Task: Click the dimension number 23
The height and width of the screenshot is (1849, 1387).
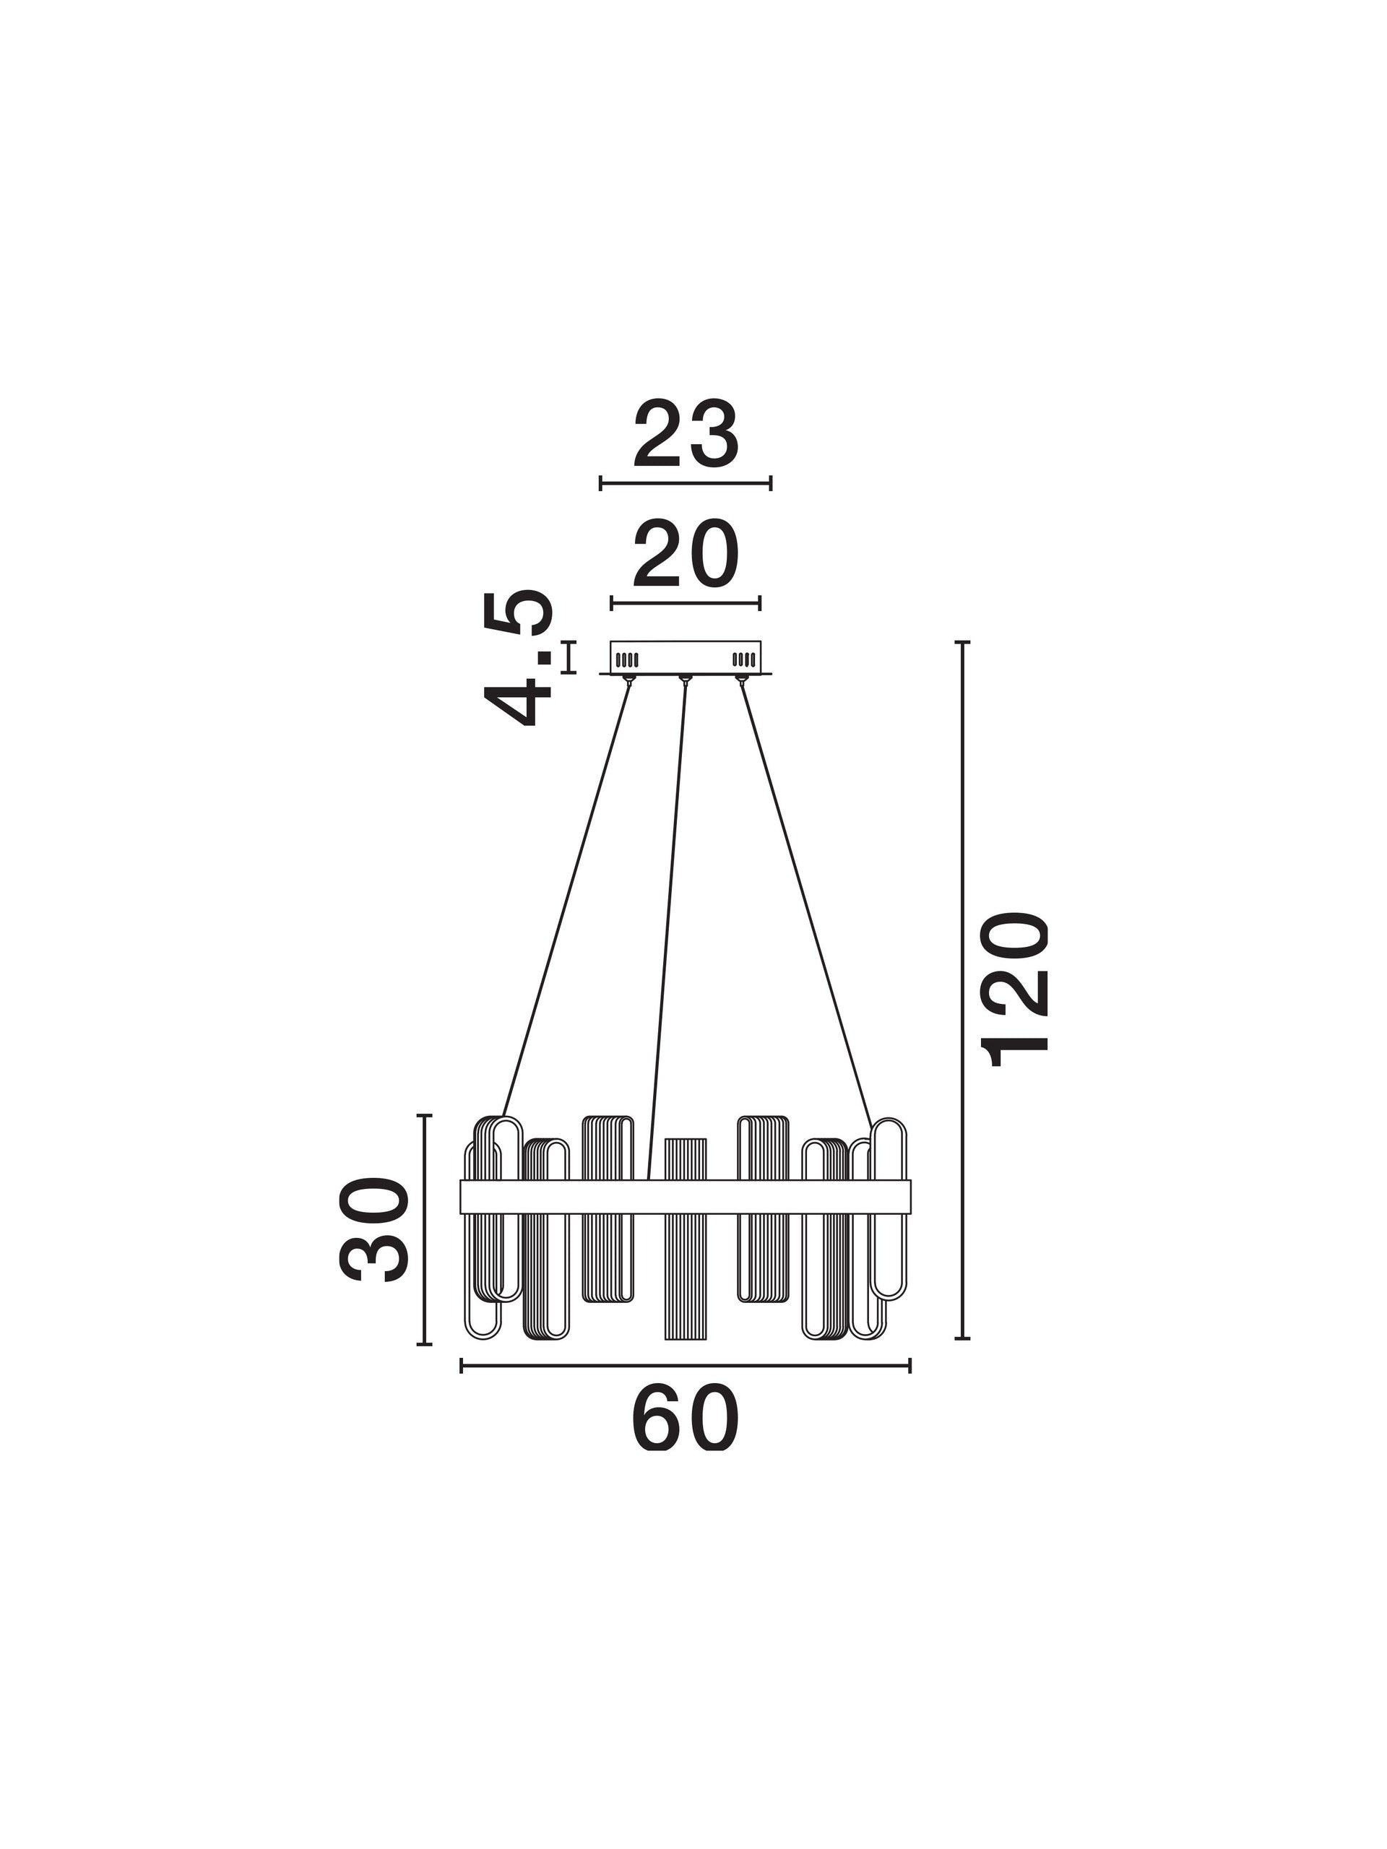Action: tap(686, 435)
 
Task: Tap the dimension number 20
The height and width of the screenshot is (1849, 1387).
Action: tap(686, 553)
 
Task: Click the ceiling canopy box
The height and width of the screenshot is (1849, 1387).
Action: tap(686, 658)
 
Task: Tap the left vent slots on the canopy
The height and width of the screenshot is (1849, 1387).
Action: tap(627, 659)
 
